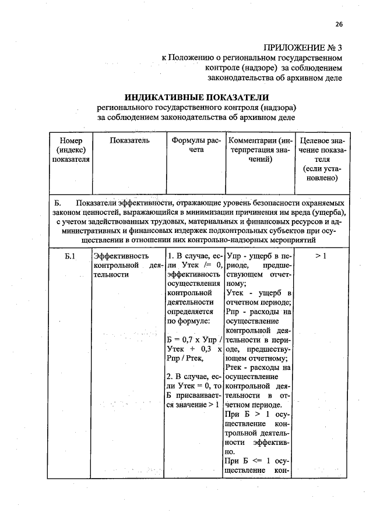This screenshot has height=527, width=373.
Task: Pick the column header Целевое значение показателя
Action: pyautogui.click(x=322, y=159)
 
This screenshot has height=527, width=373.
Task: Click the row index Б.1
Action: pyautogui.click(x=71, y=256)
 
